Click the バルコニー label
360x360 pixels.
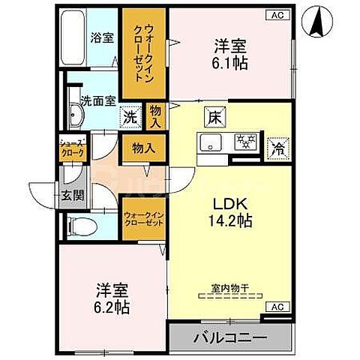pyautogui.click(x=229, y=337)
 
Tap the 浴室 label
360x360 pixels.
pyautogui.click(x=101, y=36)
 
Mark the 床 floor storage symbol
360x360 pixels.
pyautogui.click(x=214, y=117)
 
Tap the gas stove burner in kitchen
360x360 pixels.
pyautogui.click(x=245, y=140)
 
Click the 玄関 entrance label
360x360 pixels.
pyautogui.click(x=72, y=196)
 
